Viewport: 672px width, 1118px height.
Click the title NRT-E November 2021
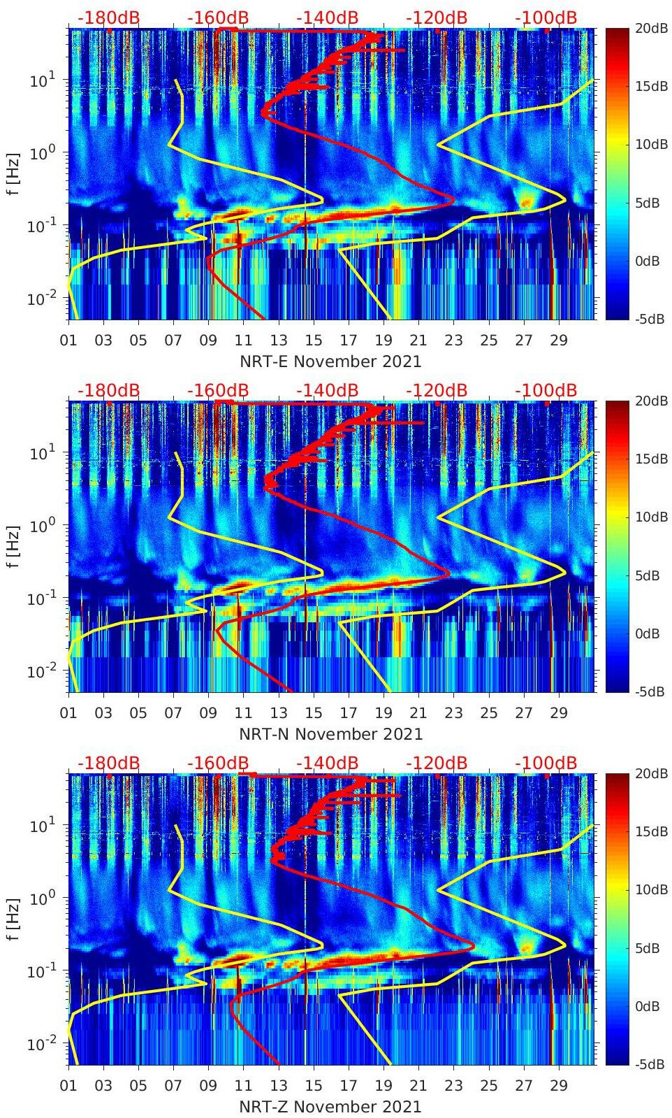coord(330,361)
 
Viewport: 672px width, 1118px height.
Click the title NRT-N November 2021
coord(330,734)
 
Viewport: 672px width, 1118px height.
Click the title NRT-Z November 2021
coord(330,1107)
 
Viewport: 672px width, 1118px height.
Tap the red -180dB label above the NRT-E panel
coord(108,17)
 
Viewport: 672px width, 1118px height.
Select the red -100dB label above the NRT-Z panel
coord(546,763)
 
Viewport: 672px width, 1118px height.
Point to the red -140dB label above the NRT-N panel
coord(327,390)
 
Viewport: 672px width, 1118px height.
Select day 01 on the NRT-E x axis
coord(68,341)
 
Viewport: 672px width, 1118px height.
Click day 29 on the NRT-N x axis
coord(558,713)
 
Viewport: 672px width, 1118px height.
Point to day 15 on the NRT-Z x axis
coord(314,1086)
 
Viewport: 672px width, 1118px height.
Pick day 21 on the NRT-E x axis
coord(418,341)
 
